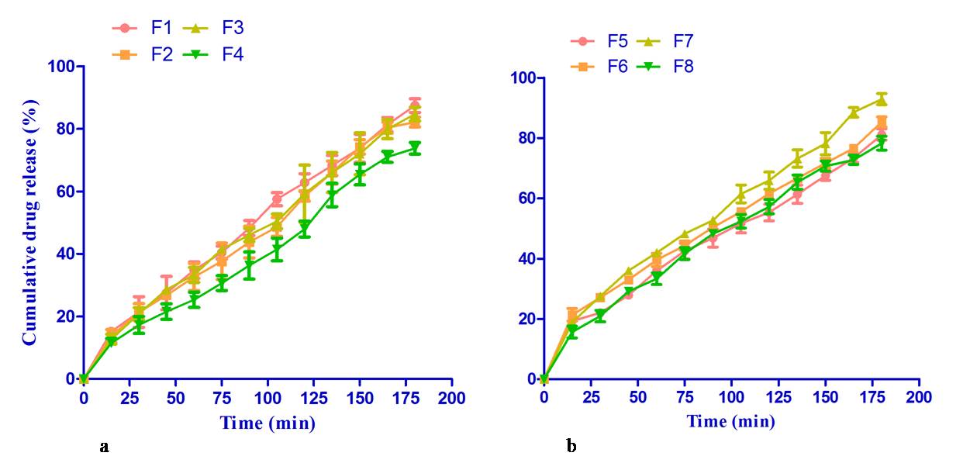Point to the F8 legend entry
670,67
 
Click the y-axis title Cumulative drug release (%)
29,222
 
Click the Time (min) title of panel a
268,423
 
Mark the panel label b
571,446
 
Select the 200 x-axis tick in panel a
451,398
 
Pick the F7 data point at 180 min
882,99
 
